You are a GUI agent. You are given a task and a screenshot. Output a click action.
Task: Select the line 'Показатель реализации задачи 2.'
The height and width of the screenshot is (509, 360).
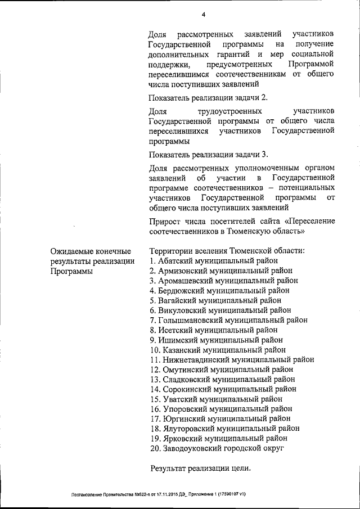204,98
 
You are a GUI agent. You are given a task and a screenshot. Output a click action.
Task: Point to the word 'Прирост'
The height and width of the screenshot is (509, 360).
165,220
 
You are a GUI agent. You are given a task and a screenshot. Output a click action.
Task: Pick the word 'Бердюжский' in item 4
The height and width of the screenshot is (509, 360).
182,290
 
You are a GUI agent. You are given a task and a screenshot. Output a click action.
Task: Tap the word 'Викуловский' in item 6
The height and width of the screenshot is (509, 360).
183,310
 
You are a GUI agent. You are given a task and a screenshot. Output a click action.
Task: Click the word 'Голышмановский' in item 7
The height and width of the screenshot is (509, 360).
191,320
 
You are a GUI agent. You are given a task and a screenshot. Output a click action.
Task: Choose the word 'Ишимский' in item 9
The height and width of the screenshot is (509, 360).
178,340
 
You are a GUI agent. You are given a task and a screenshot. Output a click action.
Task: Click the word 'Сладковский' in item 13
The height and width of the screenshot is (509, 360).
186,379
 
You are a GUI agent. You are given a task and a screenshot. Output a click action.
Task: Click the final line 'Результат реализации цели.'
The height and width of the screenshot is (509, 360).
200,469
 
